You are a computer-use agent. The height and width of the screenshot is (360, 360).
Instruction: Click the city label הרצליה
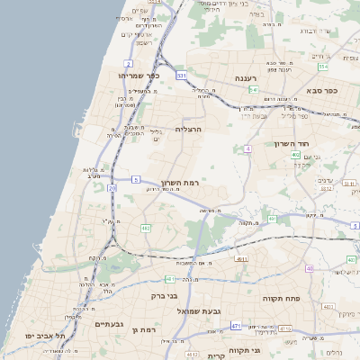coord(187,129)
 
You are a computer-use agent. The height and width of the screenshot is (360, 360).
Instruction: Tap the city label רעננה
coord(246,78)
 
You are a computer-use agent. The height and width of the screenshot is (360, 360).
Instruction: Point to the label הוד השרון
coord(292,143)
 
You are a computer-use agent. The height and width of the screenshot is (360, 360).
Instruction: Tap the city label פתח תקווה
coord(281,298)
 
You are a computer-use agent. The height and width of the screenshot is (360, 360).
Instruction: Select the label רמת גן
coord(144,330)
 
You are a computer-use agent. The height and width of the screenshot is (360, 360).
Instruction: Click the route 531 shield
coord(181,76)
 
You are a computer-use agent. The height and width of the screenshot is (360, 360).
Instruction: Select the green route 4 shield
coord(247,148)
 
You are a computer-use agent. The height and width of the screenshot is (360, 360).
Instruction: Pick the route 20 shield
coord(112,188)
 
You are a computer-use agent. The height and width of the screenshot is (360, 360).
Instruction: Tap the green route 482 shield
coord(146,229)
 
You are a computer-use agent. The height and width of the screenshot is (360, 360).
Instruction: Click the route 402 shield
coord(295,156)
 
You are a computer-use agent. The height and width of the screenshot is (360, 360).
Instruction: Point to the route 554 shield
coord(322,67)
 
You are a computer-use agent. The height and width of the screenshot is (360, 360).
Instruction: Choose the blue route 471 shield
coord(236,325)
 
